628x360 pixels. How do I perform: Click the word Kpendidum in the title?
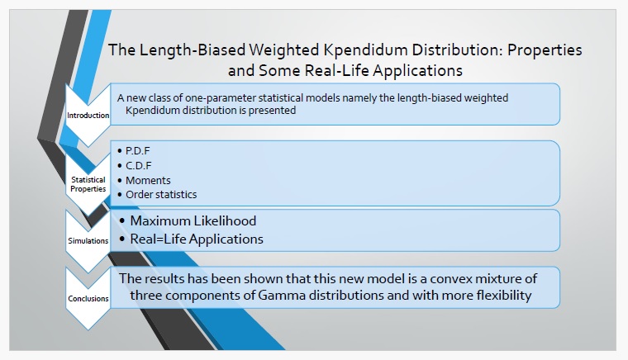coord(364,50)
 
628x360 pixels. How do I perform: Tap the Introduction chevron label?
coord(88,116)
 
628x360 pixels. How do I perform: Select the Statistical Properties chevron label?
coord(88,184)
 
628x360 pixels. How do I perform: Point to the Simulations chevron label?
coord(88,241)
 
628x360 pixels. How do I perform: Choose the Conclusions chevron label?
coord(88,298)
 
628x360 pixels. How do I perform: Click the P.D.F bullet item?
coord(137,151)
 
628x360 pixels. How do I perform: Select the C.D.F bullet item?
coord(138,165)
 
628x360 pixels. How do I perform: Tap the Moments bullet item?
coord(148,180)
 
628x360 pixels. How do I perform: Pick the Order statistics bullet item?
coord(161,194)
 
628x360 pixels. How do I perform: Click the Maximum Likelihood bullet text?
coord(193,220)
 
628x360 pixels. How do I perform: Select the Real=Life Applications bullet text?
coord(197,239)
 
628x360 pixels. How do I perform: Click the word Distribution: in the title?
coord(457,50)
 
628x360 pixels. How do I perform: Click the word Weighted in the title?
coord(283,50)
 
